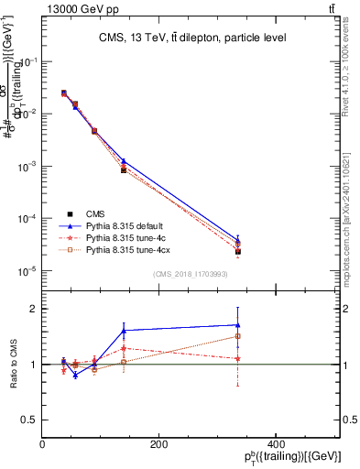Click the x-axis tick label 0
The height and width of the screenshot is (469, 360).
coord(43,444)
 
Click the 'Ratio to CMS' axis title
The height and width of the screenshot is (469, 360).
coord(15,365)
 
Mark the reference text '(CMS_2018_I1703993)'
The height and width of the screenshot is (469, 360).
coord(191,274)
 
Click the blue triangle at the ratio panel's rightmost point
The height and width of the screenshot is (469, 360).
coord(238,324)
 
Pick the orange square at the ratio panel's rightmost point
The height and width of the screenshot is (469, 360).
coord(238,336)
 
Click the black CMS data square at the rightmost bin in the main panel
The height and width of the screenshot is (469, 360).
coord(238,251)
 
